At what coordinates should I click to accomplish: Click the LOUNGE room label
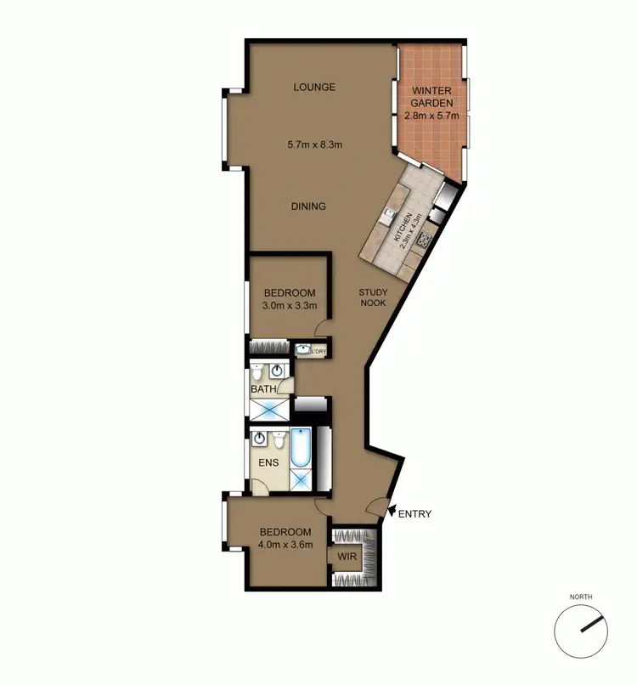pos(314,87)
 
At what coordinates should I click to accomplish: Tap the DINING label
pos(308,207)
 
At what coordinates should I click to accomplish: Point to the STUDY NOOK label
pos(374,297)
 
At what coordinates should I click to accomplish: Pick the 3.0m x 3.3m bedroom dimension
pos(289,306)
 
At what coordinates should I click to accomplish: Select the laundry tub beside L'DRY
pos(303,349)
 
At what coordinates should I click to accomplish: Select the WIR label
pos(346,558)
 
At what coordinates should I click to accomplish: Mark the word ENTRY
pos(415,513)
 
